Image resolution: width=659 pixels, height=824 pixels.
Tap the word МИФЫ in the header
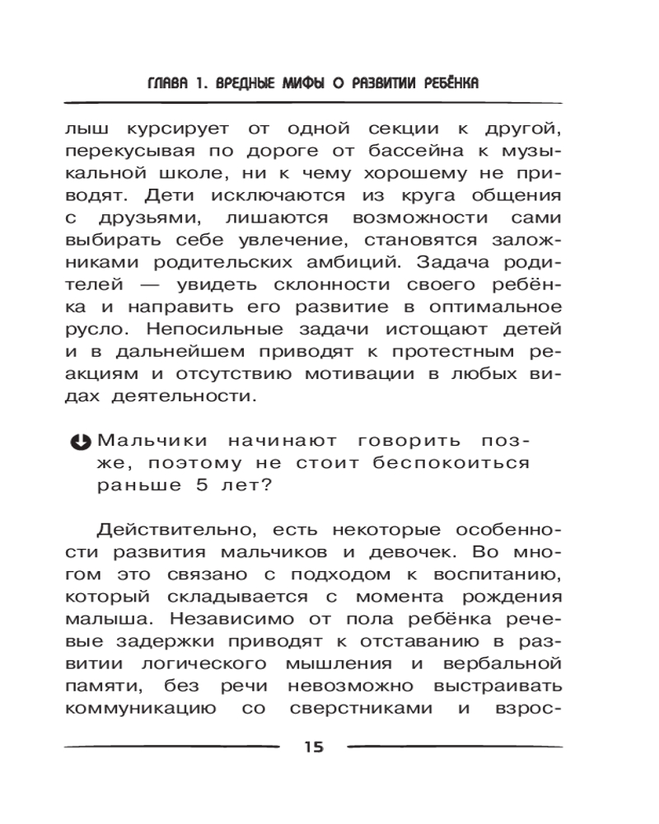pyautogui.click(x=304, y=84)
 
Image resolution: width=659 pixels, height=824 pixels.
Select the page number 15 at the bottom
pyautogui.click(x=314, y=747)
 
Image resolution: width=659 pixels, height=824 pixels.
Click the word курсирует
pyautogui.click(x=172, y=130)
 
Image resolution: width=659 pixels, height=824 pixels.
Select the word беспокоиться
pyautogui.click(x=450, y=463)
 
